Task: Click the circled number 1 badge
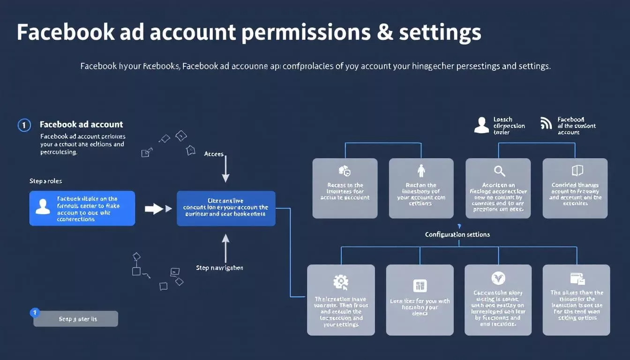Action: [x=24, y=125]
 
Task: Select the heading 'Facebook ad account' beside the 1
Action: [x=82, y=124]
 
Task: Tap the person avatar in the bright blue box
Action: [x=43, y=207]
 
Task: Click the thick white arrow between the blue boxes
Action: [x=155, y=209]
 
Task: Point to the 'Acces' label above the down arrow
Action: [x=214, y=154]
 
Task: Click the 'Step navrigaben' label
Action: [x=219, y=268]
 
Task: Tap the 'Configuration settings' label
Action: [x=457, y=234]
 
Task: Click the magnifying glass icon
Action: [x=499, y=171]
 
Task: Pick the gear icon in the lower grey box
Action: [x=340, y=282]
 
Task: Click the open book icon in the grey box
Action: [x=577, y=170]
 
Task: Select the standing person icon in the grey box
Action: [x=420, y=171]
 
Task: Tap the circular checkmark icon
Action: [x=498, y=278]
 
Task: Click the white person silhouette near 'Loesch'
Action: [x=481, y=125]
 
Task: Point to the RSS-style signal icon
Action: [x=546, y=123]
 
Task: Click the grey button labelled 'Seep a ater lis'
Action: [x=76, y=319]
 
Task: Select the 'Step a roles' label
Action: [x=45, y=181]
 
